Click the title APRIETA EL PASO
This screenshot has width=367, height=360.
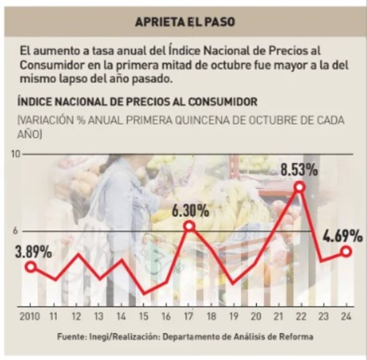coord(185,22)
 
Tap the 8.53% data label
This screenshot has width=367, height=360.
coord(299,170)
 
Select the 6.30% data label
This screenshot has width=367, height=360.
coord(190,211)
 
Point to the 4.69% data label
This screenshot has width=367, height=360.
coord(343,236)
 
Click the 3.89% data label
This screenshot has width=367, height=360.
coord(33,253)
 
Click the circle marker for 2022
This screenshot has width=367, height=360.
coord(300,187)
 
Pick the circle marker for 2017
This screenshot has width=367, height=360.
coord(189,226)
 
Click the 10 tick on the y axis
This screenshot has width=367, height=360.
coord(16,154)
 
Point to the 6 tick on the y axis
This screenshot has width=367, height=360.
coord(15,231)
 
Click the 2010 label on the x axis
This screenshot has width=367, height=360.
coord(30,316)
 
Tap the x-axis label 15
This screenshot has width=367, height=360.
coord(143,316)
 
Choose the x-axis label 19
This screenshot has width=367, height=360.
coord(234,316)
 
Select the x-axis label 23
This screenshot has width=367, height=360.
coord(324,316)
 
